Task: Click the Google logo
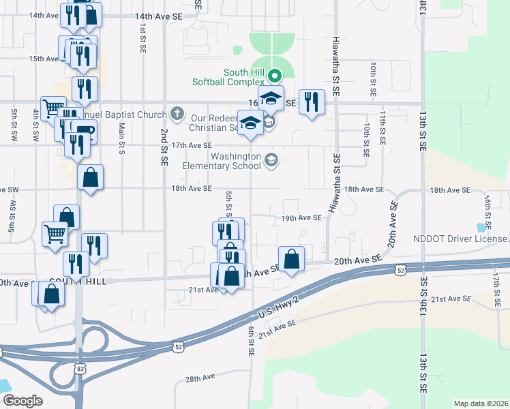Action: point(22,401)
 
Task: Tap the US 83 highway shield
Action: point(80,368)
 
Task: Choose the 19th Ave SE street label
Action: point(301,218)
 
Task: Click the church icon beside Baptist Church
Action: point(177,114)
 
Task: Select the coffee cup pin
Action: point(85,131)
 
